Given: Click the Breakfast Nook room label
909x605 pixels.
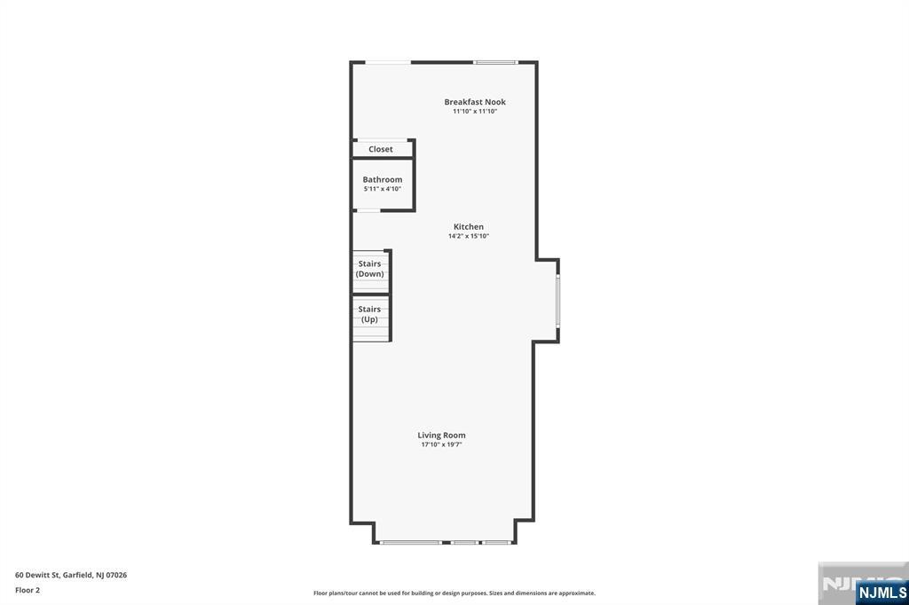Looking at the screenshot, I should coord(475,102).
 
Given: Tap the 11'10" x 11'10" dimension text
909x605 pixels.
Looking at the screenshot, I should coord(475,112).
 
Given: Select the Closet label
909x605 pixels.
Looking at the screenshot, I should coord(381,149).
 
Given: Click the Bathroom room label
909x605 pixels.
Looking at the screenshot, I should coord(383,179).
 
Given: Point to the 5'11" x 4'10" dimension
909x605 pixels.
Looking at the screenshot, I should coord(383,189).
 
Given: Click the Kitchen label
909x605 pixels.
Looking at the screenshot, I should coord(469,227).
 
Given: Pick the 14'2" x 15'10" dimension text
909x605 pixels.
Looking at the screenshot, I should coord(469,237).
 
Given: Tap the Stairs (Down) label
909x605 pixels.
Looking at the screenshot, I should coord(370,269).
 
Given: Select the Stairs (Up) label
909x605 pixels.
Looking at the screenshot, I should coord(369,314).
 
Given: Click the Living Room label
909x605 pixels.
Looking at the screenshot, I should coord(442,435).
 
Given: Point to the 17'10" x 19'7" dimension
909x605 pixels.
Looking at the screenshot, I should coord(442,444).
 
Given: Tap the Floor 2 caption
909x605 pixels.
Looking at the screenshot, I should coord(28,590).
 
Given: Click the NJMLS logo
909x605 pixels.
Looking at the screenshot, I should coord(881,593).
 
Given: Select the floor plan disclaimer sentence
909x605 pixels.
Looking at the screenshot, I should coord(454,593).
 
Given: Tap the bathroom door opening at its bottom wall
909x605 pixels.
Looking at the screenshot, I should coord(368,210).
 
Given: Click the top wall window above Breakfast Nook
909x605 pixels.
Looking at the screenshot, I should coord(495,62).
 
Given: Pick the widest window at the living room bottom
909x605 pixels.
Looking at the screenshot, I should coord(411,542).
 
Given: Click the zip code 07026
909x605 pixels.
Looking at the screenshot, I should coord(115,575).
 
